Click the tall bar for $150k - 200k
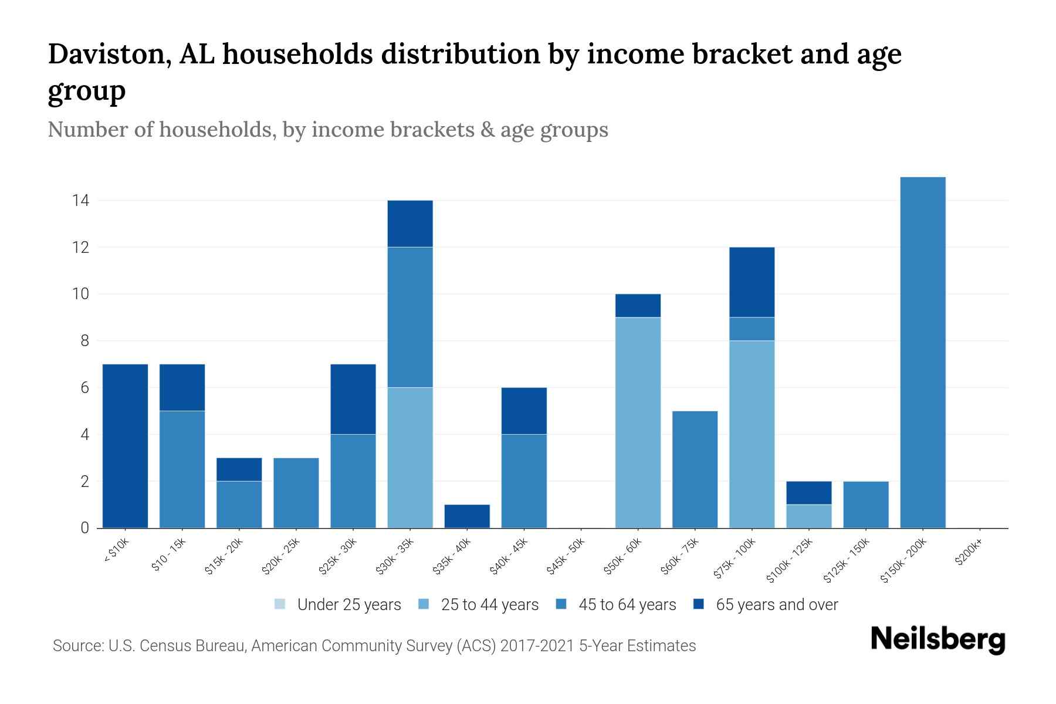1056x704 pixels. [x=923, y=352]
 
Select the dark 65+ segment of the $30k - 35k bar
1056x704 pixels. [x=410, y=224]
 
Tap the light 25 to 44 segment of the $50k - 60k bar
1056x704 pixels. [x=638, y=422]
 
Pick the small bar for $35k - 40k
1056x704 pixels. [x=467, y=516]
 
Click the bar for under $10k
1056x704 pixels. [x=125, y=446]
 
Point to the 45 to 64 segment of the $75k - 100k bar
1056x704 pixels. [x=752, y=329]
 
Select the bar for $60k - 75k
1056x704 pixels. [x=695, y=469]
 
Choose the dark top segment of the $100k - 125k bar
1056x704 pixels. [x=809, y=493]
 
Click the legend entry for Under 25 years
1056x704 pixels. [x=337, y=604]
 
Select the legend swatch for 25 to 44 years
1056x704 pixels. [x=424, y=604]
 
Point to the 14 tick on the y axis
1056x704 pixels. [x=80, y=201]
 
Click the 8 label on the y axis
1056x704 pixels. [x=84, y=341]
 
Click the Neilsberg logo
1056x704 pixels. [x=937, y=639]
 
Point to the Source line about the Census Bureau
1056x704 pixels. [x=374, y=646]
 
